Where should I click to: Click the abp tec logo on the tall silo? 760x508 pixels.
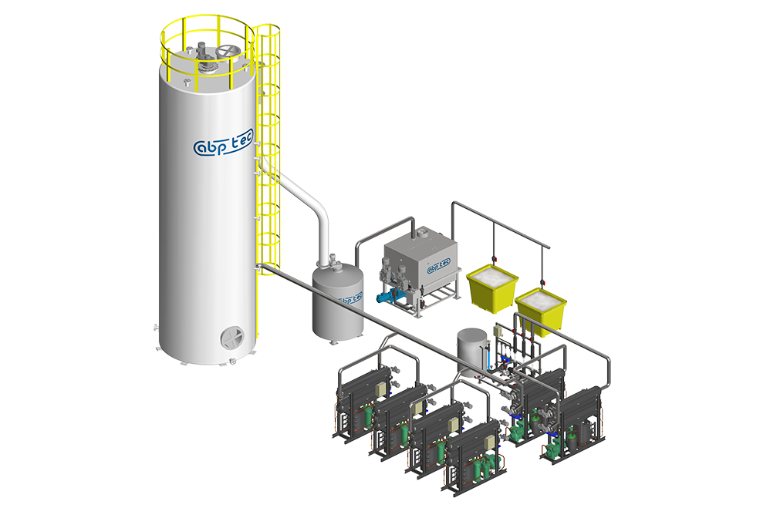pos(223,143)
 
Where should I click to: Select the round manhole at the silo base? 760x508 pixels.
pos(232,337)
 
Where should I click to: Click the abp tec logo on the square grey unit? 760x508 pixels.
pos(439,265)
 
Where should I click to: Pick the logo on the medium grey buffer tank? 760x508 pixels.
pos(350,299)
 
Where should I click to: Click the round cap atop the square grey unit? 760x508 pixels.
pos(424,234)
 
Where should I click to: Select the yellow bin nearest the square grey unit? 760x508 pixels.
pos(492,288)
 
